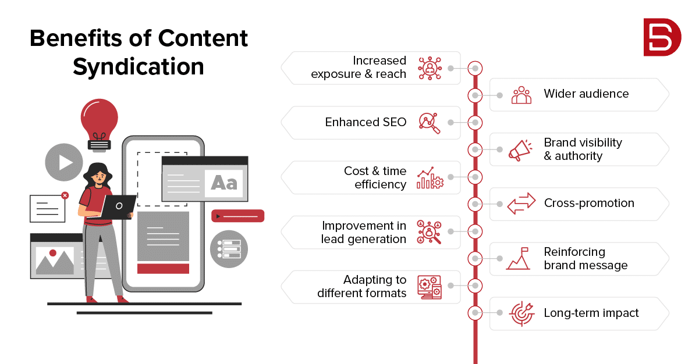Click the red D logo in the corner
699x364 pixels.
[662, 37]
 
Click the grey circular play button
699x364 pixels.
[64, 162]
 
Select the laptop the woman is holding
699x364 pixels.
[117, 207]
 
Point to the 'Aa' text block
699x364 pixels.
[224, 183]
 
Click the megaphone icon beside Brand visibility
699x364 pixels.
[520, 150]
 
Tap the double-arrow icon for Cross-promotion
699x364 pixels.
[521, 203]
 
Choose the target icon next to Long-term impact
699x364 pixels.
[521, 313]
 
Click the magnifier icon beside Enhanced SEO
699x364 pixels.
[430, 123]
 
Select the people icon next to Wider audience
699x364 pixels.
[521, 95]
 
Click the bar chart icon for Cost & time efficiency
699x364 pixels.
[430, 177]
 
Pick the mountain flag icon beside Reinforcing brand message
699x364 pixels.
[518, 258]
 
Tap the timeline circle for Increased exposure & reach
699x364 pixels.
[475, 68]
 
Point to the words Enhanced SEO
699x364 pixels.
[366, 122]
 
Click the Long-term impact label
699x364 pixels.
[591, 313]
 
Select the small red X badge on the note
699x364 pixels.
[65, 195]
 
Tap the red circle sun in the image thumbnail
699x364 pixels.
[53, 253]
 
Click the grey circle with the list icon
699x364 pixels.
[229, 249]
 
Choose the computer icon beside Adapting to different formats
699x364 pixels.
[430, 287]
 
